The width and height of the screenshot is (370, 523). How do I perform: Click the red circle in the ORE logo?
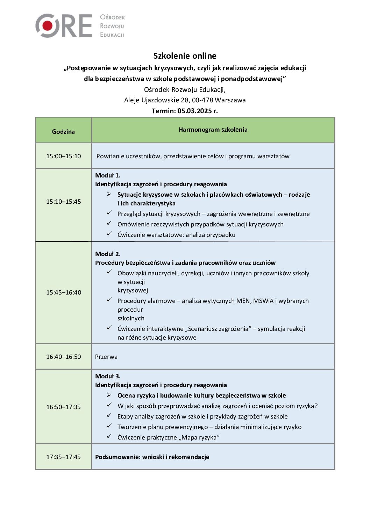[x=48, y=26]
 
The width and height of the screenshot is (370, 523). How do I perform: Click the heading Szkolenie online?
[x=185, y=56]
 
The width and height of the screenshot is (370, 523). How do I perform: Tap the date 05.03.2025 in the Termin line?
[x=194, y=111]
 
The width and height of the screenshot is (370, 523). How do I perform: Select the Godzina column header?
[x=63, y=132]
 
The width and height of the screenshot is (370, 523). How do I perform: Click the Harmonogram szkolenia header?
[x=213, y=130]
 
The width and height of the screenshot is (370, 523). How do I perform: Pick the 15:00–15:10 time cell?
[x=63, y=156]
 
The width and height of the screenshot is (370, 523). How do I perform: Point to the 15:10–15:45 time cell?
[x=63, y=202]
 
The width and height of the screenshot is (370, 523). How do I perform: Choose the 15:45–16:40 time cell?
[x=63, y=292]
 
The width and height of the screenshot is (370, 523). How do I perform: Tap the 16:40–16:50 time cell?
[x=63, y=357]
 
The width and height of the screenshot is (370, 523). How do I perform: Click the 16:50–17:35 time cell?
[x=63, y=407]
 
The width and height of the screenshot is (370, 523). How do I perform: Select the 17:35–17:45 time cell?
[x=63, y=457]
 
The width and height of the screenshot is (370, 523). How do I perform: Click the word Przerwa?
[x=106, y=357]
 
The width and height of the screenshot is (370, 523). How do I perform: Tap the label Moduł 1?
[x=108, y=175]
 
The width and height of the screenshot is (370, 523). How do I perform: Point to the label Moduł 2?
[x=108, y=254]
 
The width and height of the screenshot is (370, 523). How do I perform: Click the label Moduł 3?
[x=108, y=376]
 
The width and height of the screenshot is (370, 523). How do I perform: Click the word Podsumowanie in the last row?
[x=118, y=457]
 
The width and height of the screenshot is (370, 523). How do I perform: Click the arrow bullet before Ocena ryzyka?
[x=109, y=395]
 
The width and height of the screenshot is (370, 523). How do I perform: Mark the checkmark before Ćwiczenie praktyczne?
[x=109, y=436]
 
